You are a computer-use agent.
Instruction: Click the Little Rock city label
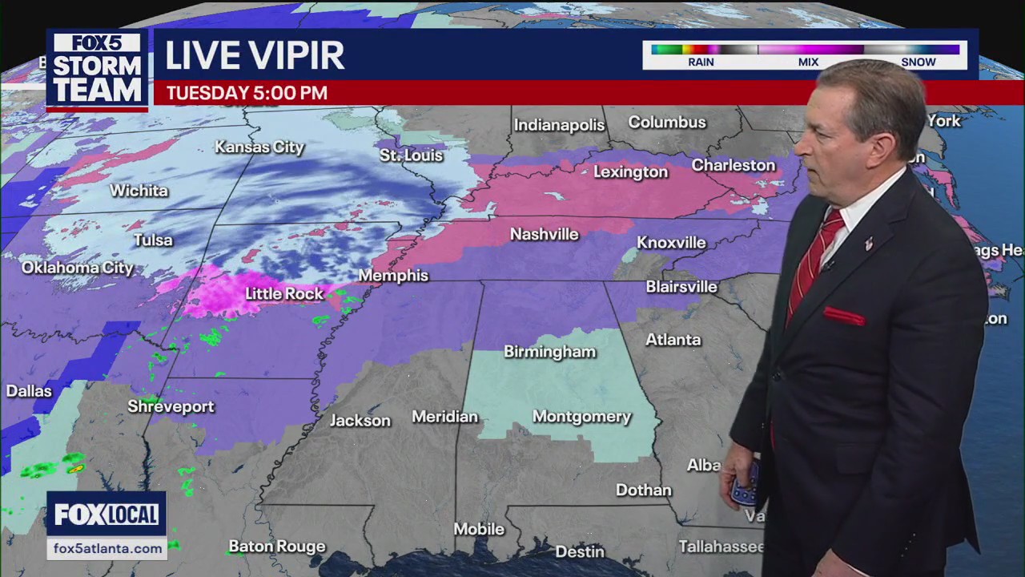point(284,294)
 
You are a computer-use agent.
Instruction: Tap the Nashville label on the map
point(545,235)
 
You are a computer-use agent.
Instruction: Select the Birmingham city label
point(549,352)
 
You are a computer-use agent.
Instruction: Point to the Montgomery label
point(581,417)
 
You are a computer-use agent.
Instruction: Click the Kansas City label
point(259,147)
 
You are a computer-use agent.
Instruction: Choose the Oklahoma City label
point(77,268)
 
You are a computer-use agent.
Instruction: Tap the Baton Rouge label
point(277,547)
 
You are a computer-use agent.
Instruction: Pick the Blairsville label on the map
point(681,286)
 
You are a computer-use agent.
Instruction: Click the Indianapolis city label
point(559,125)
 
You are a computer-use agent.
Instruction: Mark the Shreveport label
point(171,407)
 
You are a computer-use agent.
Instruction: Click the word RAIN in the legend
point(701,62)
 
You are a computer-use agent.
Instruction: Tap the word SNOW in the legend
point(918,62)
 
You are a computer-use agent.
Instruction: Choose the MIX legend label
point(808,62)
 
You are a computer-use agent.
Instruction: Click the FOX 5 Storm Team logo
point(97,71)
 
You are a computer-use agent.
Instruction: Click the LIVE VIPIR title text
point(255,55)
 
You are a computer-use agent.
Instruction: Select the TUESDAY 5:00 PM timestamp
point(247,93)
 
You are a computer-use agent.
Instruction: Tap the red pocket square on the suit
point(843,317)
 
